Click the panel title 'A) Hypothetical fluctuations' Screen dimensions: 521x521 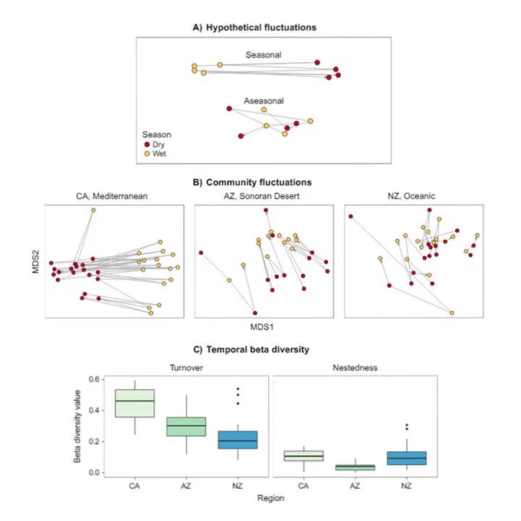(254, 28)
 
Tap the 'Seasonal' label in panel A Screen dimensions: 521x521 (264, 55)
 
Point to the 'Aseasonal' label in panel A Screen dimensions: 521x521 (264, 100)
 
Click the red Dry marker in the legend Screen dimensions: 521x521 (147, 145)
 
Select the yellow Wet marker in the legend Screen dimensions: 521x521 (147, 153)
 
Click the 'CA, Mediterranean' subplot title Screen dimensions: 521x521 (112, 196)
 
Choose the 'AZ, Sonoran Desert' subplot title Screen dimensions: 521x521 (261, 196)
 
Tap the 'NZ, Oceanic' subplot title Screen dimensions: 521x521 (411, 196)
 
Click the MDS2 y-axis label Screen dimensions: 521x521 (35, 262)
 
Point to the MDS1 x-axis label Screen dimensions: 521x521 (262, 327)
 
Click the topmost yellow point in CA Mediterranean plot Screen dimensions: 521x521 (93, 210)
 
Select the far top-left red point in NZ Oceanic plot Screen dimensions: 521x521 (351, 216)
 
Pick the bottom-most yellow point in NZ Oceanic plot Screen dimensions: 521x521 (451, 313)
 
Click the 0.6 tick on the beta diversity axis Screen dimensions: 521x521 (94, 379)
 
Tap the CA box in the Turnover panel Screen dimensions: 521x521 (135, 403)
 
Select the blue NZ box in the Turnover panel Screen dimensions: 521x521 (238, 440)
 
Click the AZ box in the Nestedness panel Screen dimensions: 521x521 (355, 467)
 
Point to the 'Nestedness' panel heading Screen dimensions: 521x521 (355, 368)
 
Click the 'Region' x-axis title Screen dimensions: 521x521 (270, 498)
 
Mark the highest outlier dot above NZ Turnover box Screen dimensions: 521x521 (238, 388)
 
